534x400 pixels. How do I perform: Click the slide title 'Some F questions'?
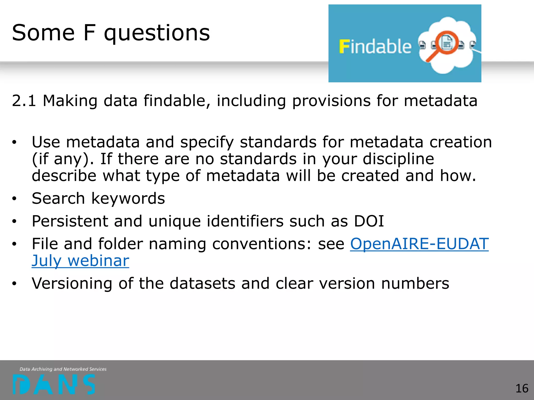[x=111, y=33]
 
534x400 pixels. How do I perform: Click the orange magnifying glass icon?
[x=443, y=46]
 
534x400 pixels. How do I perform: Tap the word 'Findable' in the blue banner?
[x=375, y=47]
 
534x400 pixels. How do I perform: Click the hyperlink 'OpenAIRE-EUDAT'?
[x=419, y=244]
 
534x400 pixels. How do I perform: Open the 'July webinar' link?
[x=80, y=261]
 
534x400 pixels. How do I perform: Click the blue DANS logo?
[x=54, y=384]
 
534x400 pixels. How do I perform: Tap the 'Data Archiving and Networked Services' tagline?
[x=63, y=369]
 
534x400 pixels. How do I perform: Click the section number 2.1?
[x=24, y=101]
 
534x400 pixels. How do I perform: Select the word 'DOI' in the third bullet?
[x=369, y=221]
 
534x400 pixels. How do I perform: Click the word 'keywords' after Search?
[x=128, y=199]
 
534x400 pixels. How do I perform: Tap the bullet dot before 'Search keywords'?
[x=14, y=199]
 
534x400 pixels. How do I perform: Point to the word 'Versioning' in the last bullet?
[x=72, y=284]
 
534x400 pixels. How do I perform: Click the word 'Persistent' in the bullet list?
[x=70, y=221]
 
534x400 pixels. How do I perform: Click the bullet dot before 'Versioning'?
[x=14, y=284]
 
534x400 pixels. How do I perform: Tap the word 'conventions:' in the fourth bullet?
[x=262, y=244]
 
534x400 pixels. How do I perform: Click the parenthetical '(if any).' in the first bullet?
[x=63, y=159]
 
